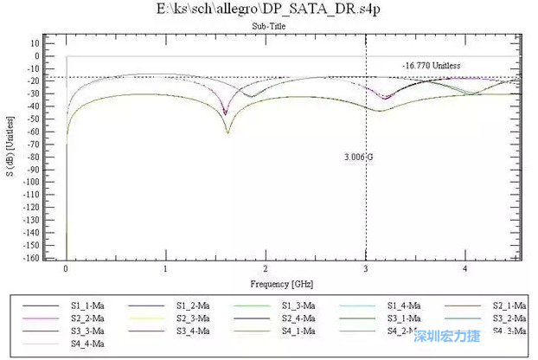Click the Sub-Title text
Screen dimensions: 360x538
coord(269,26)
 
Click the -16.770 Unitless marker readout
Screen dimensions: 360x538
coord(431,66)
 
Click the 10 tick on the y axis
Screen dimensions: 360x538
coord(35,42)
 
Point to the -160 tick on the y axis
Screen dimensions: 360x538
coord(33,258)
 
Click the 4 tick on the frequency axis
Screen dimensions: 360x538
coord(464,269)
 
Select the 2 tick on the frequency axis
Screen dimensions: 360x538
coord(266,269)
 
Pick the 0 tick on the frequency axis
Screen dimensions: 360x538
coord(66,269)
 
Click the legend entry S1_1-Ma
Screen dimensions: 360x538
coord(87,305)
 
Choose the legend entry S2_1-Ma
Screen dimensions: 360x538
coord(509,305)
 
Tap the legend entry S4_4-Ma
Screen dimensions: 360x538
coord(87,344)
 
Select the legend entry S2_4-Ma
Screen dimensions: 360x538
coord(298,318)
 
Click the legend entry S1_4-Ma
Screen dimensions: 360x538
coord(404,305)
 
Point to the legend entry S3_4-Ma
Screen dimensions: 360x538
coord(193,331)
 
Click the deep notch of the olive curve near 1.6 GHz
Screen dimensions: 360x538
coord(227,132)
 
